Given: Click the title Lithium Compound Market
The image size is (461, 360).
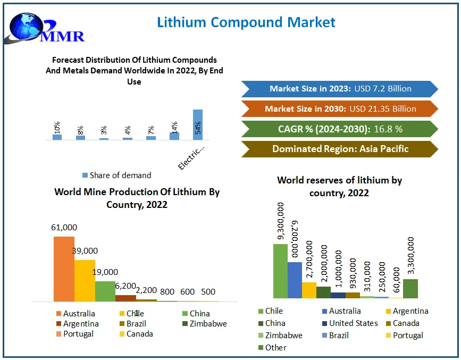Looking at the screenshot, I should point(246,22).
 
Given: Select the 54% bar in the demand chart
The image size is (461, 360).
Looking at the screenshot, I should point(198,124).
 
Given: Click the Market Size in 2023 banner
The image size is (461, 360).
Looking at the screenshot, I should point(340,89).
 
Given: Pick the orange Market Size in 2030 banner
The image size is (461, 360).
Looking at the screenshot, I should point(340,108).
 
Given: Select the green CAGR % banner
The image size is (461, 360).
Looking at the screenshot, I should point(340,129).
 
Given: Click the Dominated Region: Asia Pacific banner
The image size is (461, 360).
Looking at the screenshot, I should point(340,149).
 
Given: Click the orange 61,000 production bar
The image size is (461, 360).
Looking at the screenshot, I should point(64,269).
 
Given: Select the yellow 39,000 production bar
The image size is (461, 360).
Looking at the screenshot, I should point(85,280).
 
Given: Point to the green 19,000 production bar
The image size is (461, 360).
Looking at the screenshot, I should point(105,291).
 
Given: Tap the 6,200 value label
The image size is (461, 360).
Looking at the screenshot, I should point(125,286).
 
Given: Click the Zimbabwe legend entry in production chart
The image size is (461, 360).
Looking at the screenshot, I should point(204,323).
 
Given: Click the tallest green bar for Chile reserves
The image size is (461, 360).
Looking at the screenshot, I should point(280,271).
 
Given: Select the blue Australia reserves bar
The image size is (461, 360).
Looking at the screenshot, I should point(295,280).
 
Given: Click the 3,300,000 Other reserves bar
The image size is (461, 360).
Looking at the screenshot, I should point(410,289).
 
